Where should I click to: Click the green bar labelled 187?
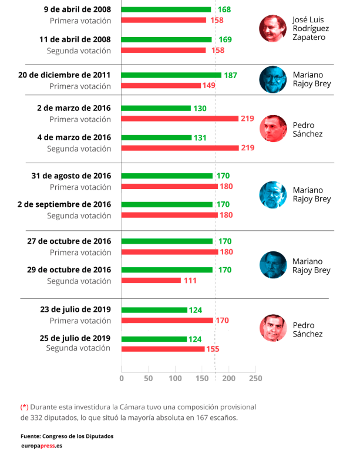[x=171, y=75]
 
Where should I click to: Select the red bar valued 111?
[x=151, y=281]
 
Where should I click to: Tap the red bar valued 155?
[x=163, y=349]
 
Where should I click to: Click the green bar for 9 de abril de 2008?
[x=166, y=9]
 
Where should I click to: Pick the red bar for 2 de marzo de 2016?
[x=180, y=119]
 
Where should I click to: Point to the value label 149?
[x=208, y=86]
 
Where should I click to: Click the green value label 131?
[x=201, y=137]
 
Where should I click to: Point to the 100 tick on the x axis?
[x=175, y=378]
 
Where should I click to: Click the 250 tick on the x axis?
[x=255, y=378]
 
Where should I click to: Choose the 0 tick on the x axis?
[x=122, y=378]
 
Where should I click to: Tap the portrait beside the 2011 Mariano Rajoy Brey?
[x=273, y=79]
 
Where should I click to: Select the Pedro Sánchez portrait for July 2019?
[x=273, y=329]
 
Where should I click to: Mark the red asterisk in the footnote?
[x=24, y=406]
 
